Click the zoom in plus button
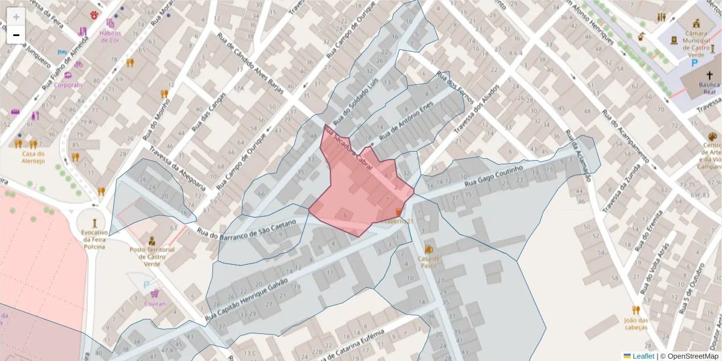[16, 17]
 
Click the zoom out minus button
[16, 35]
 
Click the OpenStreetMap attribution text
[690, 356]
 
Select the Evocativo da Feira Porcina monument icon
[94, 222]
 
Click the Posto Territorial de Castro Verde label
[152, 253]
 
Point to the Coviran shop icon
[155, 294]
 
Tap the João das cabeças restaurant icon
[635, 310]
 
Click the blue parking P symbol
[694, 62]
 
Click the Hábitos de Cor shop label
[110, 37]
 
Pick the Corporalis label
[68, 85]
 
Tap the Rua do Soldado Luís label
[358, 100]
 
